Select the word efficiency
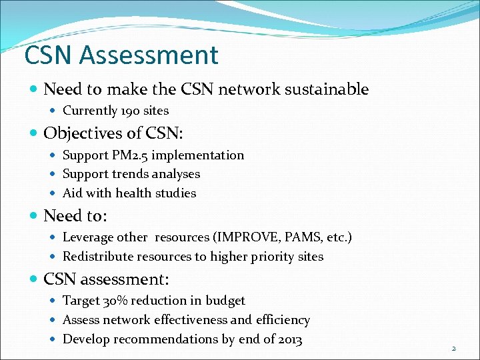click(283, 320)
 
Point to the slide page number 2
click(454, 348)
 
